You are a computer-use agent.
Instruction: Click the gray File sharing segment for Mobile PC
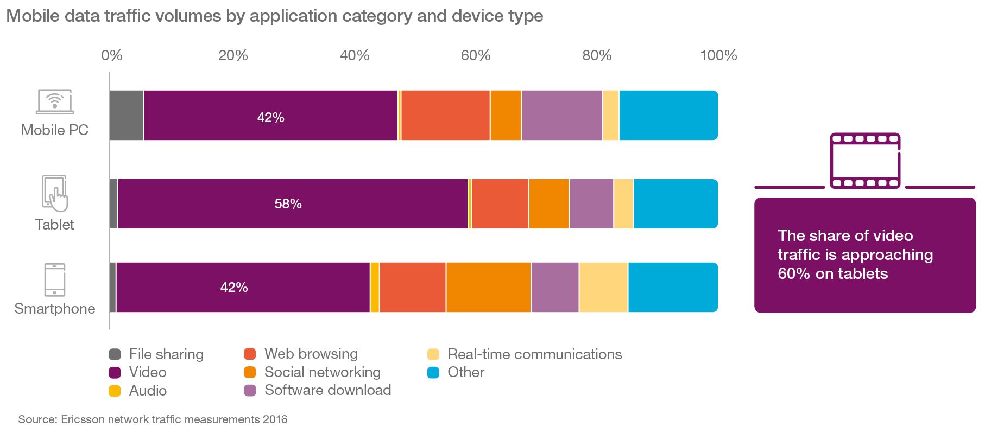pos(127,116)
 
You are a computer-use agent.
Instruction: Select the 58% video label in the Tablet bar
pos(288,204)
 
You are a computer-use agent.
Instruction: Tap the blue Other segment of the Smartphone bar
pos(673,288)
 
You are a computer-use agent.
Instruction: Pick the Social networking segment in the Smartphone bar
pos(488,288)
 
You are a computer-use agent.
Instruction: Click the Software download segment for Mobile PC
pos(562,116)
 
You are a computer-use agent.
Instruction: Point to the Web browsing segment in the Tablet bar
pos(500,204)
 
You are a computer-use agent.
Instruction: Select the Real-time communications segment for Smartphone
pos(603,288)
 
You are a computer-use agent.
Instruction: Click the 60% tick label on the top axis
pos(476,55)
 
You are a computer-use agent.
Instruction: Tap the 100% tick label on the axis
pos(718,55)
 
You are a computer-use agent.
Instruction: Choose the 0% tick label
pos(112,55)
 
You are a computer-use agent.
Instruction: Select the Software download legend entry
pos(318,390)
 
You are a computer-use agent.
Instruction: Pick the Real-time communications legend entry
pos(525,354)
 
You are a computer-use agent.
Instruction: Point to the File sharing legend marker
pos(115,355)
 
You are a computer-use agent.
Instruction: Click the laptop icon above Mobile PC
pos(54,102)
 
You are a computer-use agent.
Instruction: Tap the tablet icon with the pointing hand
pos(54,193)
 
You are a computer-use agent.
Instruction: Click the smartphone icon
pos(54,280)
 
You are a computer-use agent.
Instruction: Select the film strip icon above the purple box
pos(864,161)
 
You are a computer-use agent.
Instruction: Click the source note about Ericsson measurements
pos(153,419)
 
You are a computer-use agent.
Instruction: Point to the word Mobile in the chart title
pos(33,16)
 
